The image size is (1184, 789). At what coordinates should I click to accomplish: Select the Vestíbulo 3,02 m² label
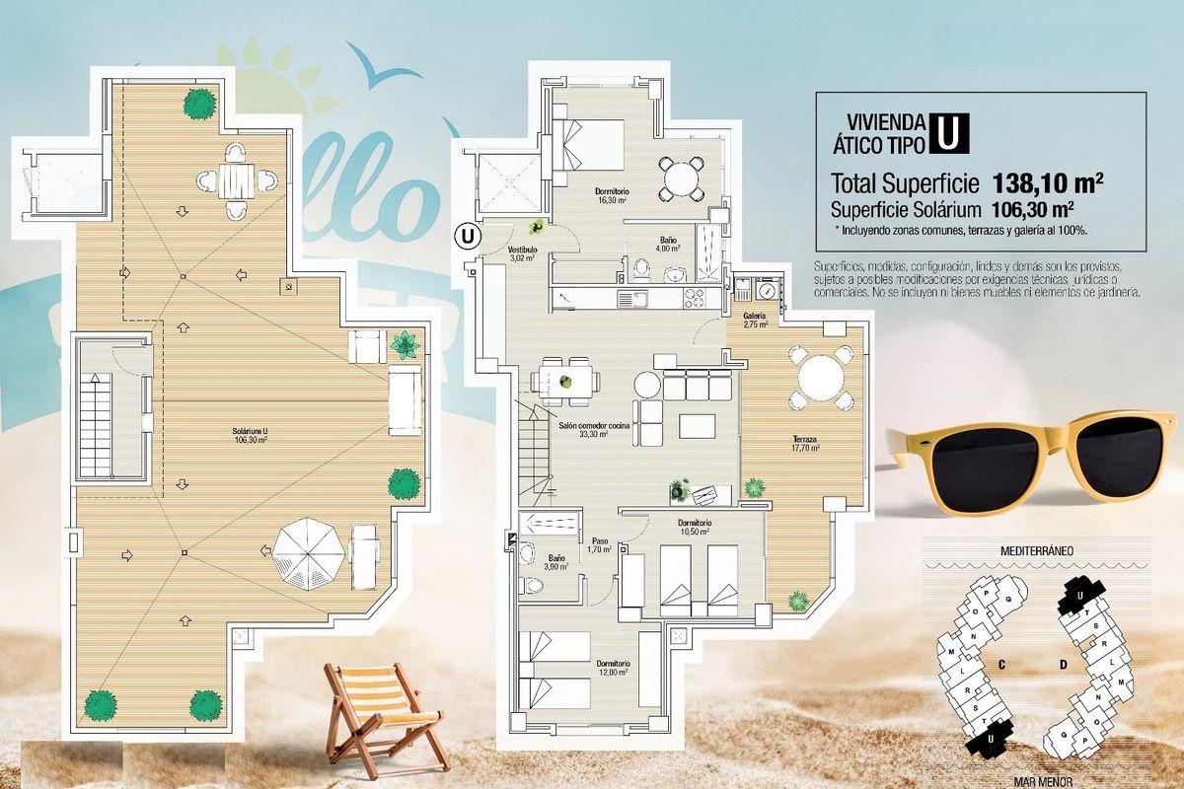pyautogui.click(x=522, y=254)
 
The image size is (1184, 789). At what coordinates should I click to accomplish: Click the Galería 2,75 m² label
pyautogui.click(x=755, y=319)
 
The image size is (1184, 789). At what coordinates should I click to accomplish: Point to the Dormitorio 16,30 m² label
pyautogui.click(x=612, y=194)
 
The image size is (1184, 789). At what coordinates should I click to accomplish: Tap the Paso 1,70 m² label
pyautogui.click(x=600, y=545)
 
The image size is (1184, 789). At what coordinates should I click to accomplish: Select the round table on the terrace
pyautogui.click(x=821, y=377)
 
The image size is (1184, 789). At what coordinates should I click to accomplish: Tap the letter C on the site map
pyautogui.click(x=1000, y=665)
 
